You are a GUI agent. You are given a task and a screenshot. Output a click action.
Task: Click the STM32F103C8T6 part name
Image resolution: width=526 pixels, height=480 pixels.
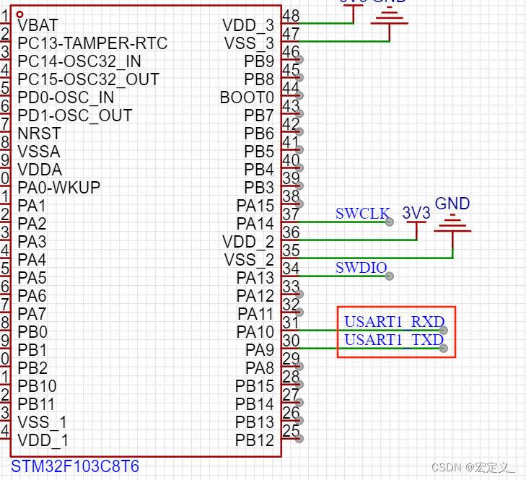tap(75, 467)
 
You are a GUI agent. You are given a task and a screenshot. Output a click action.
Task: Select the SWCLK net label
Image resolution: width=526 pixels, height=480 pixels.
tap(362, 214)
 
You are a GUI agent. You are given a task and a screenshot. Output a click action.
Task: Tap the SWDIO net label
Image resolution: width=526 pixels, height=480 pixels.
tap(361, 269)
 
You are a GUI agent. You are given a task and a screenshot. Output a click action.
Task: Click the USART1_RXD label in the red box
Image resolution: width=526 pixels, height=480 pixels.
tap(394, 322)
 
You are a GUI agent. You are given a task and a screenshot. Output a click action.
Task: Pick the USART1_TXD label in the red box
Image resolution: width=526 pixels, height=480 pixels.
tap(393, 340)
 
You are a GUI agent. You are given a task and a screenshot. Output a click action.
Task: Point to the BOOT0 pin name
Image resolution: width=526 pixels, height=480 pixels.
tap(247, 97)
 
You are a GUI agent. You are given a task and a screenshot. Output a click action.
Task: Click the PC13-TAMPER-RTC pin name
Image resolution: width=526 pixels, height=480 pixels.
tap(92, 43)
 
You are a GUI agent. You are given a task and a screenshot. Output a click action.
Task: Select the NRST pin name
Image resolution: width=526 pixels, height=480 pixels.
tap(39, 134)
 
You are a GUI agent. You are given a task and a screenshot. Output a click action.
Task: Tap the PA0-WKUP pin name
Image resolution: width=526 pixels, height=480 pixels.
tap(59, 188)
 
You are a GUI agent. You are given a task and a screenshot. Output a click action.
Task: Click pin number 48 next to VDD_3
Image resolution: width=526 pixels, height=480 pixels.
tap(292, 16)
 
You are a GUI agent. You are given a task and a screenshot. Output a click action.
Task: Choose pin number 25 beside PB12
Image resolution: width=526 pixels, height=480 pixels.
tap(291, 431)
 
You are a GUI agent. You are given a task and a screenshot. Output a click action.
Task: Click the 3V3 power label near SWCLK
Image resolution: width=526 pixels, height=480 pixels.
tap(416, 214)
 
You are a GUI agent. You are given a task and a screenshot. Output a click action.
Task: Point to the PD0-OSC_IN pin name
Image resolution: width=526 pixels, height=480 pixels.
tap(66, 97)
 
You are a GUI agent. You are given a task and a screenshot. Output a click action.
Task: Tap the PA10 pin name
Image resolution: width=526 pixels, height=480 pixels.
tap(255, 332)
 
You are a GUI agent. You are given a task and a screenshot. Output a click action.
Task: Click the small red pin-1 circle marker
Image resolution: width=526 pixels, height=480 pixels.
tap(19, 14)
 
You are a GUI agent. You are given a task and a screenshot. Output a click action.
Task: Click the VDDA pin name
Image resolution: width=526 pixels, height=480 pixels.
tap(40, 170)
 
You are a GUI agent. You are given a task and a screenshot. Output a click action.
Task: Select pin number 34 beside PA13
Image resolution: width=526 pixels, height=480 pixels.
tap(291, 269)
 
